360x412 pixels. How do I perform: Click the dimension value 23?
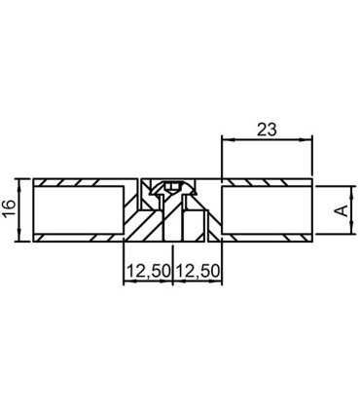pyautogui.click(x=268, y=128)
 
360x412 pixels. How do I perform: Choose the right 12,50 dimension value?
pyautogui.click(x=198, y=273)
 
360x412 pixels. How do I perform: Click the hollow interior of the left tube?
pyautogui.click(x=78, y=209)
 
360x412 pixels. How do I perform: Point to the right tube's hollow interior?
pyautogui.click(x=267, y=209)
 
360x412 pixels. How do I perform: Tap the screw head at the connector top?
pyautogui.click(x=173, y=184)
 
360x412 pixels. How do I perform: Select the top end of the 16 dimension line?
pyautogui.click(x=21, y=179)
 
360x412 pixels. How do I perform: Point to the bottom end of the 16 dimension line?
pyautogui.click(x=21, y=240)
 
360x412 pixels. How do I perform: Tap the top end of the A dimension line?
pyautogui.click(x=347, y=186)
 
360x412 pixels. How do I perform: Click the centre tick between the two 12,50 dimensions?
pyautogui.click(x=173, y=282)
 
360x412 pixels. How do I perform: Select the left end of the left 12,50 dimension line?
pyautogui.click(x=124, y=282)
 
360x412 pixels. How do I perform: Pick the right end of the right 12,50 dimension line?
pyautogui.click(x=223, y=282)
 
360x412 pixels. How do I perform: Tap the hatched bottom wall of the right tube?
pyautogui.click(x=267, y=237)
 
